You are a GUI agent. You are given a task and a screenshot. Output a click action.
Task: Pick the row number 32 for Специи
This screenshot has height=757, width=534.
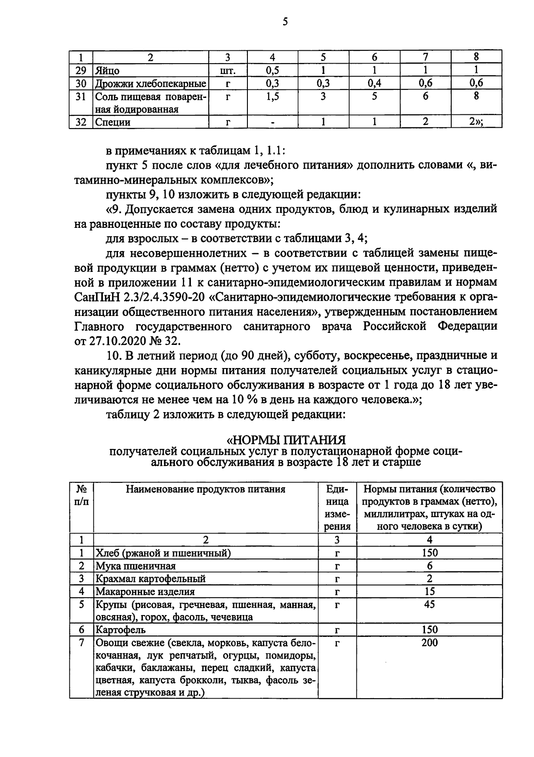tap(81, 122)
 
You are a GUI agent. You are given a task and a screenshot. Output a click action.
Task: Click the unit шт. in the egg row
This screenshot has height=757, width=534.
tap(228, 71)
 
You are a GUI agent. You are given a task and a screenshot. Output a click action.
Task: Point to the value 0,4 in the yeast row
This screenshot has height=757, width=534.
tap(374, 83)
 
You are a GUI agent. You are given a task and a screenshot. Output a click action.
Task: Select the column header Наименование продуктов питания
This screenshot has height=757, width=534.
tap(206, 490)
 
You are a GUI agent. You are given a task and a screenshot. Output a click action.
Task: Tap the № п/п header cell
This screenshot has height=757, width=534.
tap(81, 495)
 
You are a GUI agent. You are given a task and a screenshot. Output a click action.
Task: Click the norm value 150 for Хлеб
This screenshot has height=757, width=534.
tap(429, 553)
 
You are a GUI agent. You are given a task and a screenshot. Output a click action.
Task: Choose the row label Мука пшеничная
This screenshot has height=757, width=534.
tap(136, 566)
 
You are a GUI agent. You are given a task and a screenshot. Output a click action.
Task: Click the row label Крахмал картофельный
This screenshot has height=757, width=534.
tap(150, 579)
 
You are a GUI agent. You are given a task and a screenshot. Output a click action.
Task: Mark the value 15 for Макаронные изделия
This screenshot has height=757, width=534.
tap(429, 592)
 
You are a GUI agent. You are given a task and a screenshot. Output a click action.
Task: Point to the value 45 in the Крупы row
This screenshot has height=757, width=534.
tap(429, 605)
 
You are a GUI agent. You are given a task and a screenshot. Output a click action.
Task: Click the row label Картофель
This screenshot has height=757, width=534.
tap(121, 630)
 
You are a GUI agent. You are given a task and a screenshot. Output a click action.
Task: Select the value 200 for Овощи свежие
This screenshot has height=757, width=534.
tap(429, 643)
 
